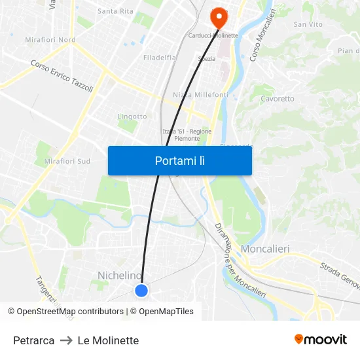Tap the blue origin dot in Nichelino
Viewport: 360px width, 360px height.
click(141, 290)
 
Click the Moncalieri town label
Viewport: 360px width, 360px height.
click(265, 249)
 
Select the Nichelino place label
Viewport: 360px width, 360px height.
click(120, 275)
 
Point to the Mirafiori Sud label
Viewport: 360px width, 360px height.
click(67, 161)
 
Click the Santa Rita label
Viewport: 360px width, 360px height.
click(115, 11)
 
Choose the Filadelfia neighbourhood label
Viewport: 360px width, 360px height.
click(160, 58)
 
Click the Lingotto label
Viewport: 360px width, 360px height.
click(132, 117)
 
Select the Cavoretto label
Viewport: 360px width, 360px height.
click(278, 99)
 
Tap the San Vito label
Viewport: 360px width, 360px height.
click(308, 24)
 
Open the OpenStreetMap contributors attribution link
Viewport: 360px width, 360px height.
click(70, 312)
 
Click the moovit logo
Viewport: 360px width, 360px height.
click(320, 339)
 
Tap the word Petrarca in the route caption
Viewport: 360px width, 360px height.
click(33, 340)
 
